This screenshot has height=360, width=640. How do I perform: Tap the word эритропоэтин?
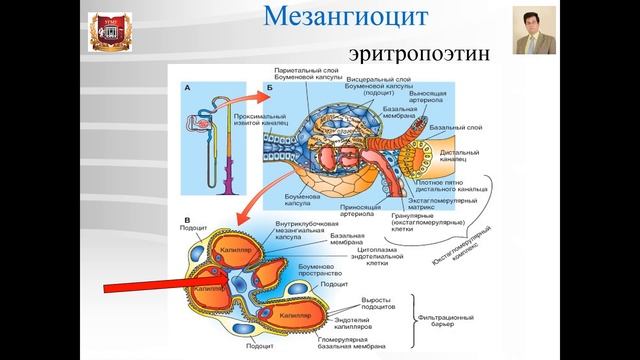pyautogui.click(x=420, y=52)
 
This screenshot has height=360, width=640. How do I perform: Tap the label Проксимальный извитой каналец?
pyautogui.click(x=232, y=121)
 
